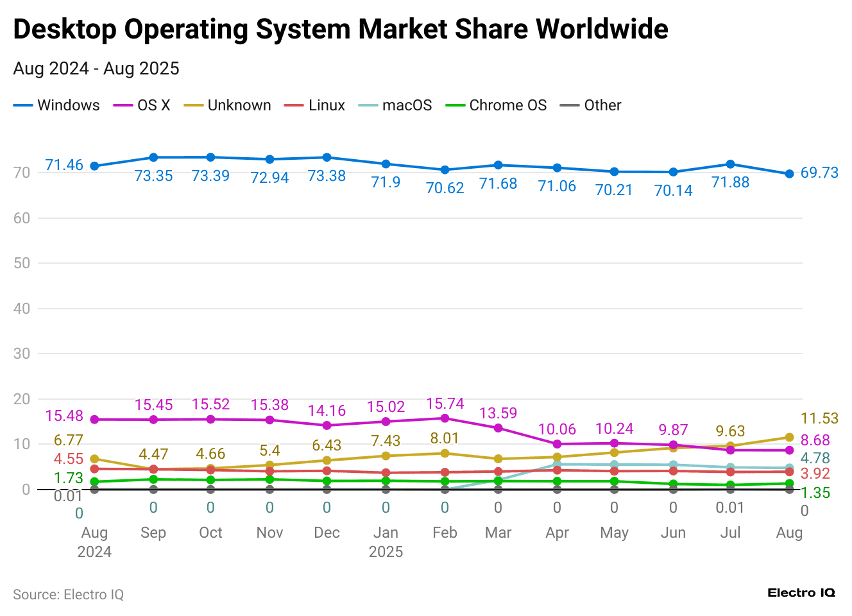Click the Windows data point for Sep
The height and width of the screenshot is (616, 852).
point(153,157)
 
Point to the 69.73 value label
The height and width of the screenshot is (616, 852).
point(819,173)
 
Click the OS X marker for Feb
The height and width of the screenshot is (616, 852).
point(445,418)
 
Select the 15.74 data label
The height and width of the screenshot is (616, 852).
point(445,404)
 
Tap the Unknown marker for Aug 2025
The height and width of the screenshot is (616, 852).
point(789,438)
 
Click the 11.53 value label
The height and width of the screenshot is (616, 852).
point(819,418)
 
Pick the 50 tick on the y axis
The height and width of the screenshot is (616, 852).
point(22,263)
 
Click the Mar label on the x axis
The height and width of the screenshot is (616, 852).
point(498,533)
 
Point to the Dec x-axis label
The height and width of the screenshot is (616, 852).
point(327,533)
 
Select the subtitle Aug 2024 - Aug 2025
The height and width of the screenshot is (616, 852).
point(96,69)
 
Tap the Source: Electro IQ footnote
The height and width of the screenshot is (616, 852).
point(68,595)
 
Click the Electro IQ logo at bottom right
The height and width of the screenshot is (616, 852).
point(801,593)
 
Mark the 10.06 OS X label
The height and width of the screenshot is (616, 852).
point(557,429)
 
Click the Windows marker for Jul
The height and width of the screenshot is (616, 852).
point(730,164)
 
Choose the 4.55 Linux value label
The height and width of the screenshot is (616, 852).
point(68,459)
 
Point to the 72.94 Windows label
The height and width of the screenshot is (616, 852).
point(269,178)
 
